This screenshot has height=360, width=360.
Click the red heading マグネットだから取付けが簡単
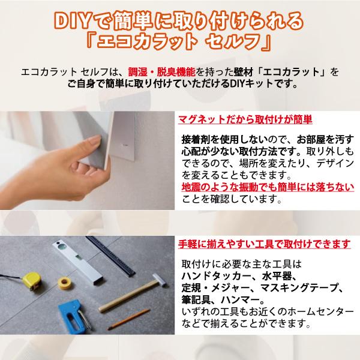click(x=245, y=119)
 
